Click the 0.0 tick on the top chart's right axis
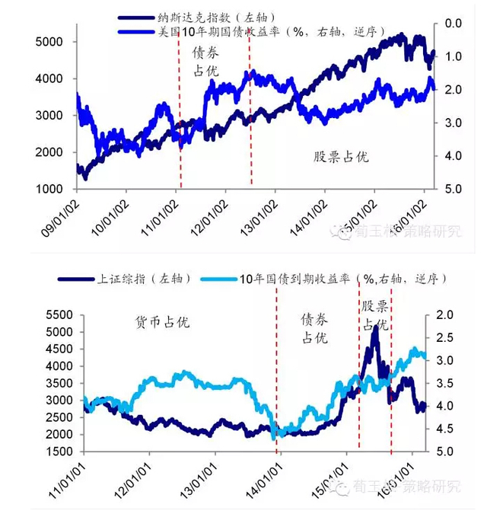pos(454,24)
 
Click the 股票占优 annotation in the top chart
pos(341,157)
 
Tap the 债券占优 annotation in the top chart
pos(203,61)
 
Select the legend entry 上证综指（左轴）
pos(126,279)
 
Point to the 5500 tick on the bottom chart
pos(60,315)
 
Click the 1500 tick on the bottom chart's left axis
pos(60,452)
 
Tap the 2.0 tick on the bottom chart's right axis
pos(445,315)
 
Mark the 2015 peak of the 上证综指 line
pos(375,327)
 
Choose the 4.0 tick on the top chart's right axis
pos(454,156)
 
